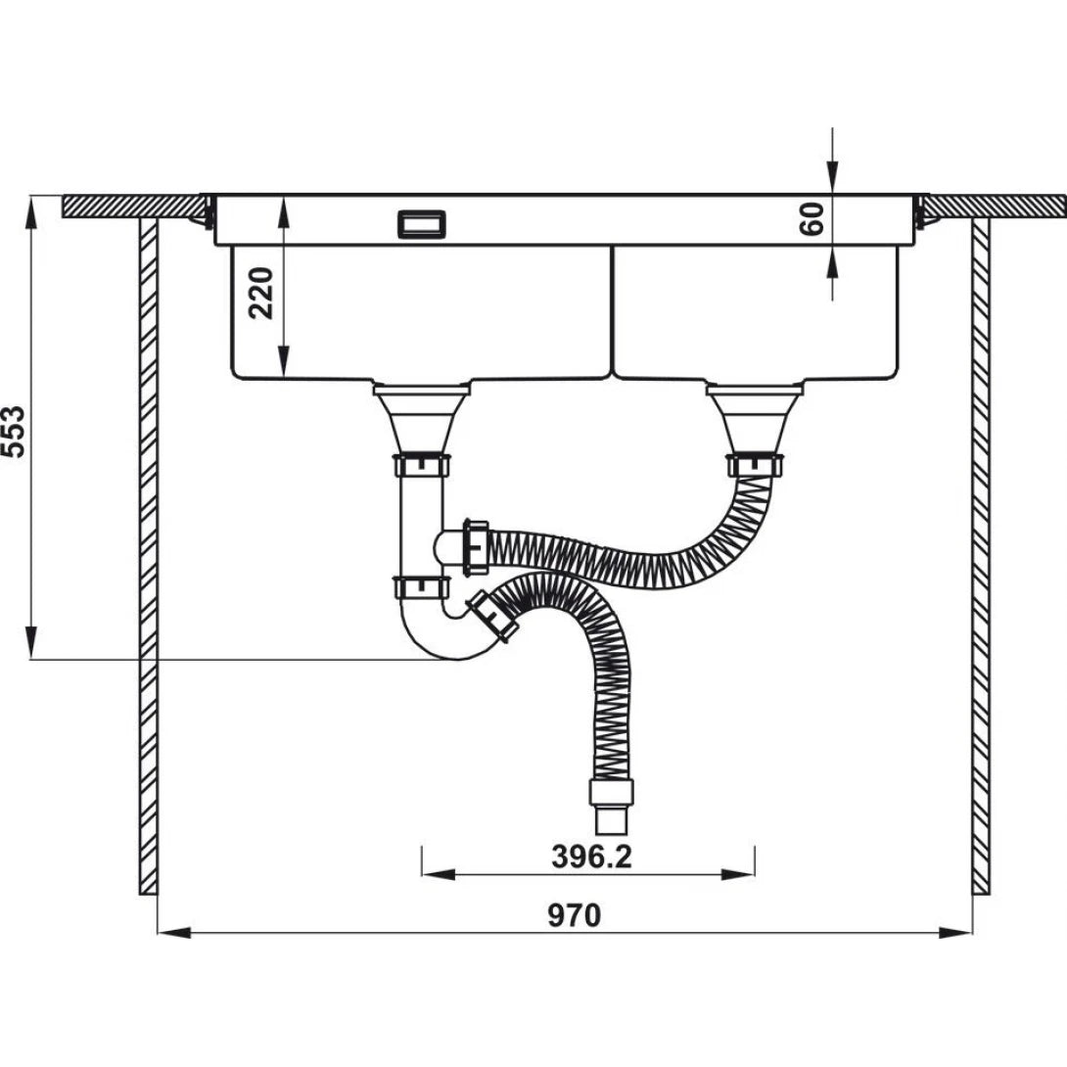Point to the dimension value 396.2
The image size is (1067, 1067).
coord(591,857)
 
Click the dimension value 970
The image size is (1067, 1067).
coord(574,916)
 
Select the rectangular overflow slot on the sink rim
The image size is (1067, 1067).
coord(422,224)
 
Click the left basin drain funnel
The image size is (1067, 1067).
coord(422,415)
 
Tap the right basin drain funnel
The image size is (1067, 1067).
coord(755,415)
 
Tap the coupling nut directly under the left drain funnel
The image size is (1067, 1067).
coord(422,464)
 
